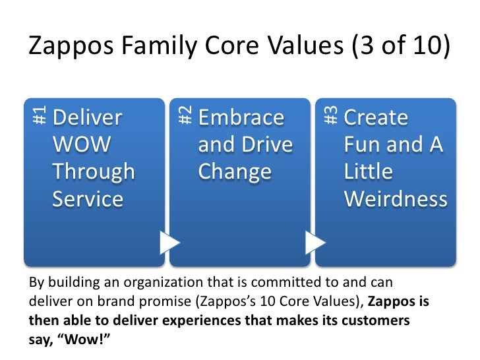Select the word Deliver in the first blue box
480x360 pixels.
[88, 118]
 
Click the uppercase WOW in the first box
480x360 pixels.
[82, 145]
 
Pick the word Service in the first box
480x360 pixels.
[88, 199]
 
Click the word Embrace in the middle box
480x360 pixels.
[241, 118]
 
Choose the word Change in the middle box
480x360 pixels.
[235, 172]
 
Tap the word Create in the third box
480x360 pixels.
[376, 118]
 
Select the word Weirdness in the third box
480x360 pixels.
[396, 199]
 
